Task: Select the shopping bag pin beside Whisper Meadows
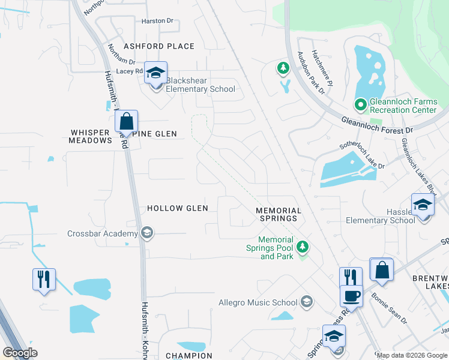(127, 121)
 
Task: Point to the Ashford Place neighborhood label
(159, 46)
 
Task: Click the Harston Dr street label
(157, 21)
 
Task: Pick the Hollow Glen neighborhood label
(178, 208)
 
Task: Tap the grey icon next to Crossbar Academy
(146, 233)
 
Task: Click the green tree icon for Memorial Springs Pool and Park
(303, 245)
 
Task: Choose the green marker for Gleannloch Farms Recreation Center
(360, 105)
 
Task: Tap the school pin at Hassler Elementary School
(423, 206)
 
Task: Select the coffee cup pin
(351, 295)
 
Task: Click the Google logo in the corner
(20, 353)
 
